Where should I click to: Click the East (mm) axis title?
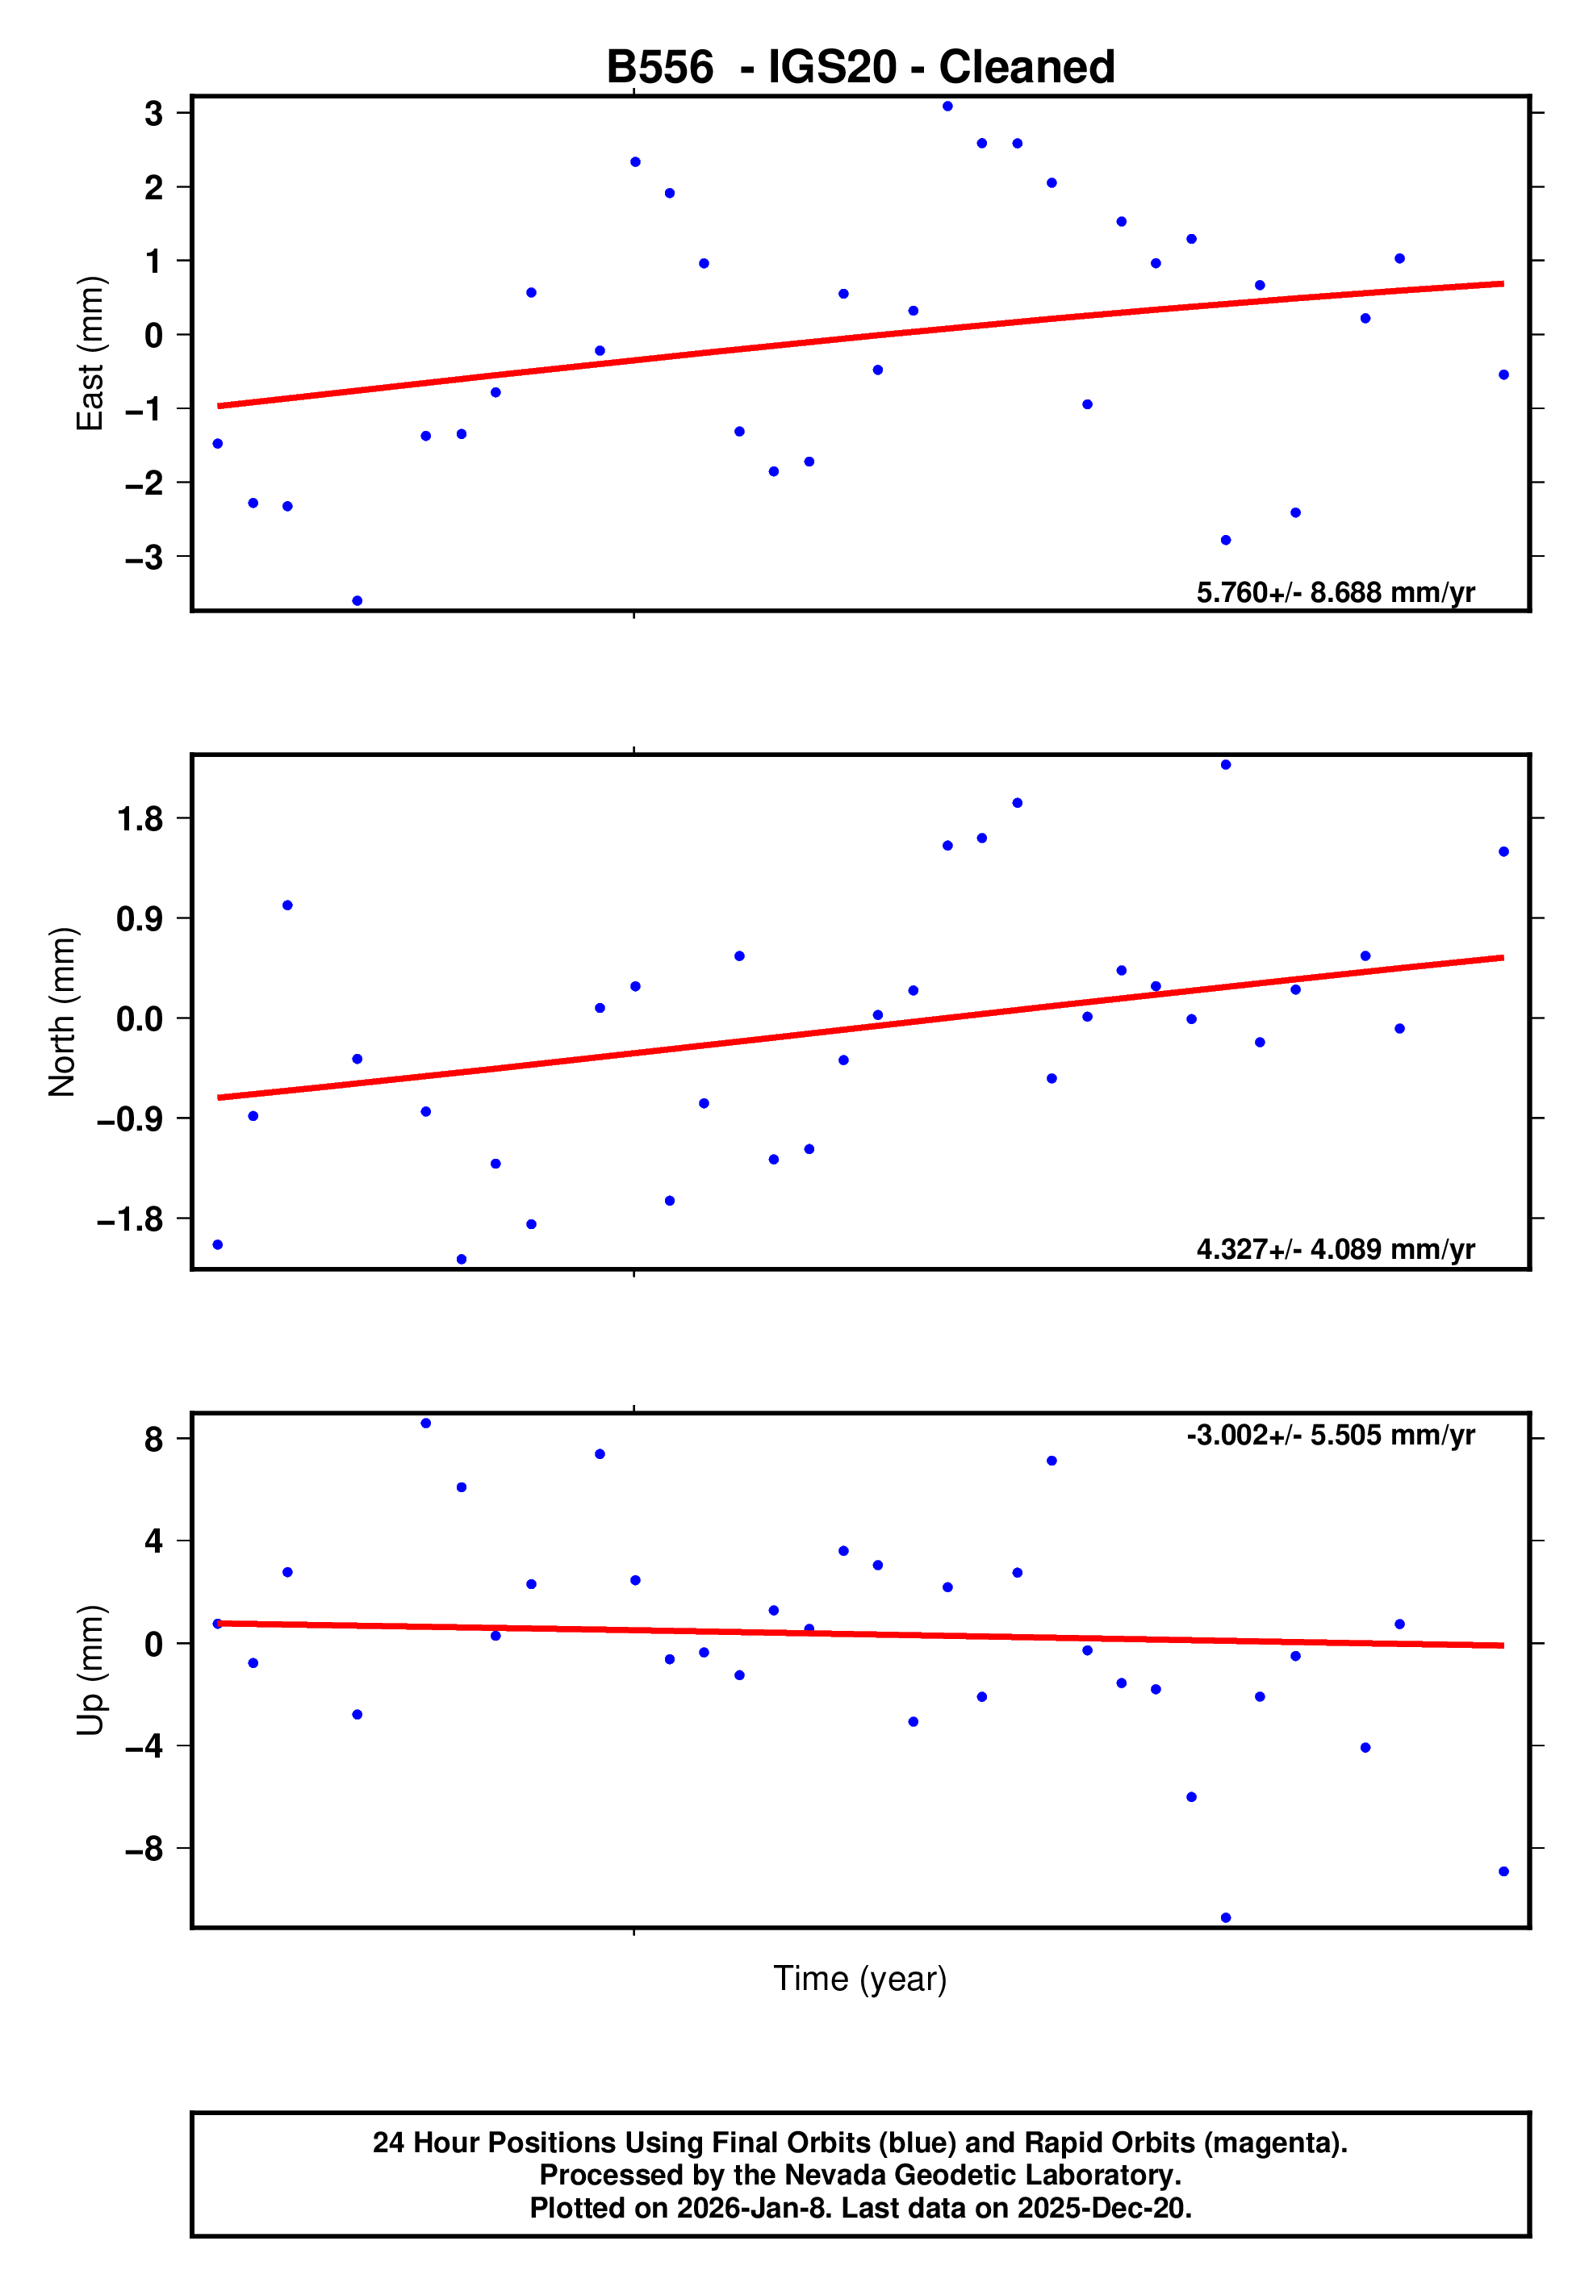(x=90, y=353)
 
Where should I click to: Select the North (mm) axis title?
(x=63, y=1012)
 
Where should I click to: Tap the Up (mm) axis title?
(x=90, y=1670)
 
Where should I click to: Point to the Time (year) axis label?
(x=859, y=1978)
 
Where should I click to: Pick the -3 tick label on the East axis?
(x=144, y=558)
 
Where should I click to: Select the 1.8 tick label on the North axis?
(x=140, y=820)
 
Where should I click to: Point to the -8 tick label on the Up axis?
(x=144, y=1850)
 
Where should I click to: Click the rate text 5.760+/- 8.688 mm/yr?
(x=1335, y=592)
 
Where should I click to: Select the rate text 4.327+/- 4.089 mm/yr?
(x=1335, y=1249)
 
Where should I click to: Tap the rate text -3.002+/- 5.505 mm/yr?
(x=1330, y=1436)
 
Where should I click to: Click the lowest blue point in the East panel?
(x=357, y=600)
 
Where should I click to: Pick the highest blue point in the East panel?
(x=947, y=107)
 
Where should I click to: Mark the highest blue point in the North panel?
(x=1225, y=765)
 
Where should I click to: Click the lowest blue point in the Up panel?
(x=1225, y=1917)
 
